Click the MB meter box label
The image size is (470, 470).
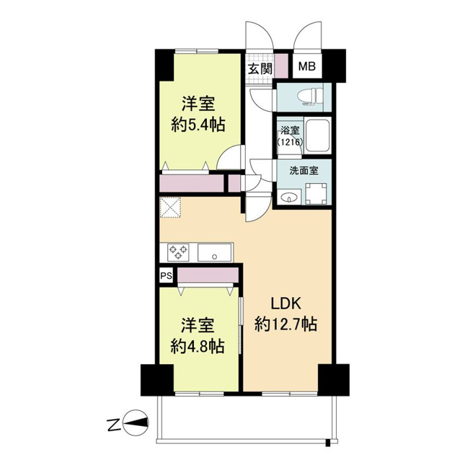point(307,66)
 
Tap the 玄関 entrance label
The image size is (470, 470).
point(260,69)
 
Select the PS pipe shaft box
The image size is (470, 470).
point(166,275)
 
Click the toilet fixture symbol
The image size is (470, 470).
point(310,97)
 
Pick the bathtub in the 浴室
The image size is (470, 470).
point(317,136)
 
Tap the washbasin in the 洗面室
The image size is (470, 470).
point(289,198)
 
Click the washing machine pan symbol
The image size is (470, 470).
point(316,194)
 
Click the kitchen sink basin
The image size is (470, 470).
point(215,253)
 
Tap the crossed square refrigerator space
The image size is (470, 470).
point(170,207)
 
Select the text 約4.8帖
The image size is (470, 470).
point(198,347)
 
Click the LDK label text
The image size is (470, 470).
point(286,304)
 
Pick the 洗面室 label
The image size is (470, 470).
point(303,171)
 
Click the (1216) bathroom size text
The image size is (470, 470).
point(290,142)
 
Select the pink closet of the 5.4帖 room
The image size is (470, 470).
point(192,183)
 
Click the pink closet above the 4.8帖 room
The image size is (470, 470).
point(208,275)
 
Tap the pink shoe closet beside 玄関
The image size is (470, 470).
point(281,65)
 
